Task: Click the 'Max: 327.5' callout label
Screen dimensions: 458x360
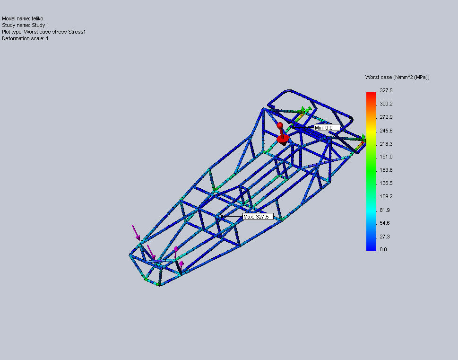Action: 258,217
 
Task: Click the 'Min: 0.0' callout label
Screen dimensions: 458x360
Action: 327,128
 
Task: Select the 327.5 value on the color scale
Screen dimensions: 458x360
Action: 386,91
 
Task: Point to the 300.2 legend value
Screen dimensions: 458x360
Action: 386,104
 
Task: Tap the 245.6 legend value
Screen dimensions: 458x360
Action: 386,131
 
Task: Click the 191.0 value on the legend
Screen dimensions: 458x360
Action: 386,157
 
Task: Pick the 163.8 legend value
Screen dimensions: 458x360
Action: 386,170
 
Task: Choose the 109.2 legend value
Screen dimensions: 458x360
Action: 386,196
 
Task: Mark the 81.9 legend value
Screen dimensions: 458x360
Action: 385,210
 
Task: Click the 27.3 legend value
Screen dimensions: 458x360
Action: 385,237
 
